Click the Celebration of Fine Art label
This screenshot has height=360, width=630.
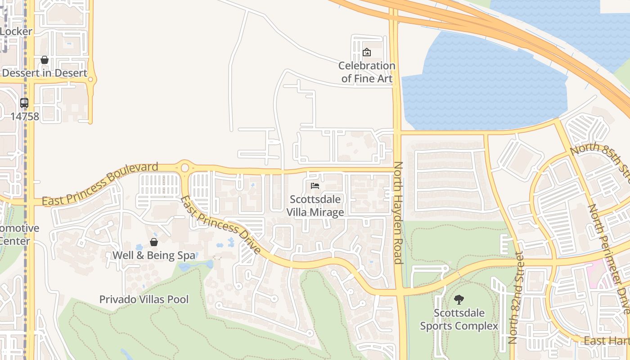[367, 72]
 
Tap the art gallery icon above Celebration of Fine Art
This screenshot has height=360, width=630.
[367, 52]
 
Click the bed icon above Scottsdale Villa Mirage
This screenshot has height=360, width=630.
[315, 186]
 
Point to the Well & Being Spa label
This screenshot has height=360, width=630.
[154, 256]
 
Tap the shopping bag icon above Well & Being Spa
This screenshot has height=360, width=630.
[154, 243]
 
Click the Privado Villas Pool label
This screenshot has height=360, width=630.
[144, 299]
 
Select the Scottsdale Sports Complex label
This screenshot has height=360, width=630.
[459, 319]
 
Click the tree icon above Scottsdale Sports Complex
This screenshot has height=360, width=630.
[459, 299]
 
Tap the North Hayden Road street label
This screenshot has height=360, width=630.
[398, 212]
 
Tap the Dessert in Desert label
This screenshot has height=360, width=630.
[45, 73]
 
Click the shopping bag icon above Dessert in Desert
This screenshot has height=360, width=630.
[45, 60]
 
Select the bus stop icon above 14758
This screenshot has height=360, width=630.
[24, 103]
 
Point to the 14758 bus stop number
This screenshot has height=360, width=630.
[25, 117]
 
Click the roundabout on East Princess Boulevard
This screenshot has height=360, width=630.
[184, 168]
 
